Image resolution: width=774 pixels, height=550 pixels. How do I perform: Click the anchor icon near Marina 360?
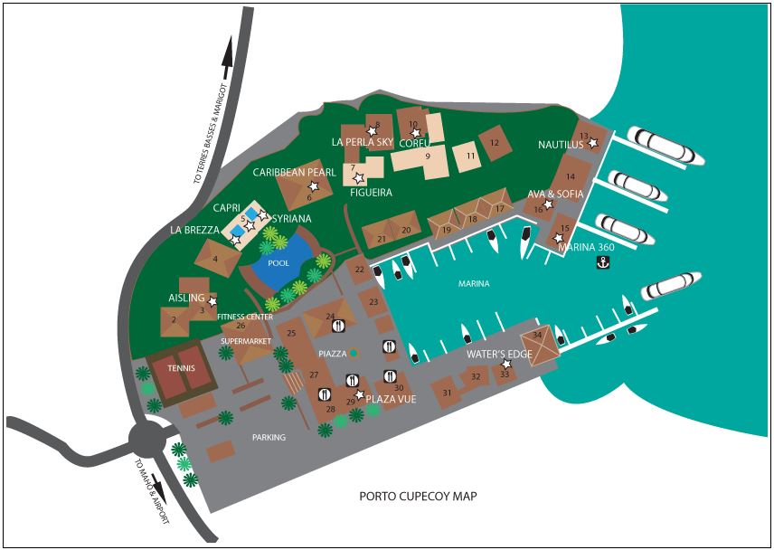tap(603, 263)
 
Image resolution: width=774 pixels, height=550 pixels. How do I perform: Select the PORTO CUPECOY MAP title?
tap(418, 496)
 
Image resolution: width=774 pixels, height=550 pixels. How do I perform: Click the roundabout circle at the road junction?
tap(148, 440)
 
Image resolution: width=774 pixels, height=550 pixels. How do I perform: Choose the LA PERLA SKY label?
tap(363, 143)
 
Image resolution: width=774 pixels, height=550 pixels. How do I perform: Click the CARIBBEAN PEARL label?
tap(295, 172)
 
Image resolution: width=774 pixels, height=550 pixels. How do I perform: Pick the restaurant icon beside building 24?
tap(339, 326)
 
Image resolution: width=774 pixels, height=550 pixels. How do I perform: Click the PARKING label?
tap(269, 438)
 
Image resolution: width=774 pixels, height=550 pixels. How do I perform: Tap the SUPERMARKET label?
tap(244, 341)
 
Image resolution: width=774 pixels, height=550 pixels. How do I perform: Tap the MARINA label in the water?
tap(474, 284)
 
